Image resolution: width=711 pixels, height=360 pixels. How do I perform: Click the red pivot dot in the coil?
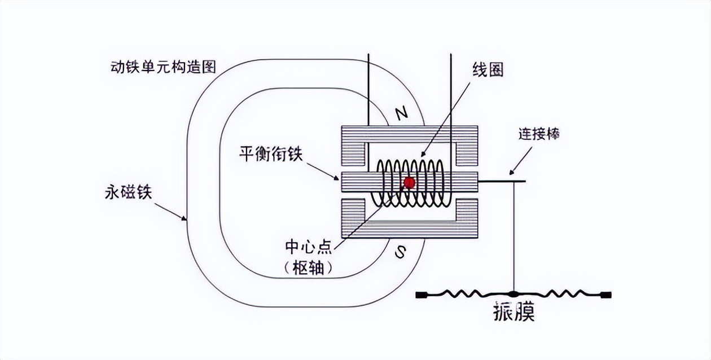[x=409, y=182]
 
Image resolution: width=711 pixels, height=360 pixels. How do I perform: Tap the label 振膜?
[x=513, y=311]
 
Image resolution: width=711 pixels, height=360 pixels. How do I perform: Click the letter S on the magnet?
[x=400, y=252]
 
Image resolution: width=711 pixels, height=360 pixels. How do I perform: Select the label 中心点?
[x=309, y=247]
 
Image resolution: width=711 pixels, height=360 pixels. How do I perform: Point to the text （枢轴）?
[x=309, y=269]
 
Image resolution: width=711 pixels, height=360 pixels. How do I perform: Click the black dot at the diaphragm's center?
[x=513, y=294]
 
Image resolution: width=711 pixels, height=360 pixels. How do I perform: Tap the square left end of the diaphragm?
[x=420, y=294]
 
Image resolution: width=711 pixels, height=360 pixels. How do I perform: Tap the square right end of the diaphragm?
[x=607, y=294]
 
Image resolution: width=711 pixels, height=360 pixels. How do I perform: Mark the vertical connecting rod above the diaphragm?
[x=513, y=237]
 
